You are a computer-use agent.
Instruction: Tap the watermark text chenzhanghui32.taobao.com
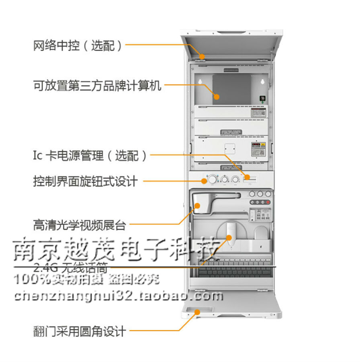[118, 296]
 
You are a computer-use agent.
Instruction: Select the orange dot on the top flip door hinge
[202, 56]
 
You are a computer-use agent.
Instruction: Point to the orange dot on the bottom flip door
[197, 312]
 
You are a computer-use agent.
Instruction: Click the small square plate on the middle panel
[229, 148]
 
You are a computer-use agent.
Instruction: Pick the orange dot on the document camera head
[197, 206]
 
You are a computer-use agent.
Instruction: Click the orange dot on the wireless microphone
[229, 237]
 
